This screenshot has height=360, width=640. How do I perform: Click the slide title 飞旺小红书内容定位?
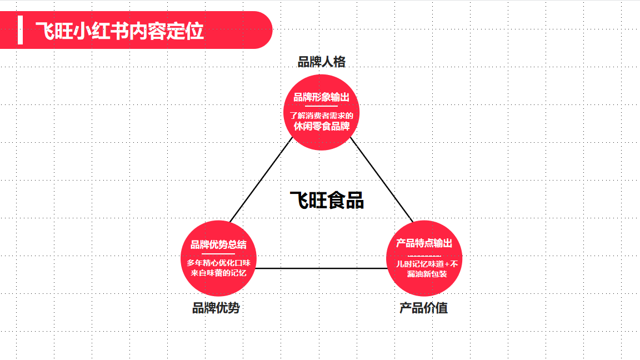pos(119,31)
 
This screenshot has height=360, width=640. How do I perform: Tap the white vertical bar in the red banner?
pos(21,30)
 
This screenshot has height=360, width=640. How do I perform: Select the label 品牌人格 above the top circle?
pos(322,62)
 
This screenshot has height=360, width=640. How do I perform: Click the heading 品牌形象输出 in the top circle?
pos(322,97)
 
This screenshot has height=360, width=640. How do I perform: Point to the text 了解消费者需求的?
pos(322,116)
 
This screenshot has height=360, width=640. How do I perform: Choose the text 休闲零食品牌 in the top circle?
pos(322,126)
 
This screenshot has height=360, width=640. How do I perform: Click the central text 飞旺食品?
pos(327,201)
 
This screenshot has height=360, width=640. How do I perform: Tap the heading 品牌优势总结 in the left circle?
pos(218,244)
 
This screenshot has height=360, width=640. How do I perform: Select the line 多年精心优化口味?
pos(218,263)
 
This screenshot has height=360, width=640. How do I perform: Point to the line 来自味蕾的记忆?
pos(218,273)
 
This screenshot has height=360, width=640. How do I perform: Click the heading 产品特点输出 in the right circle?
pos(424,243)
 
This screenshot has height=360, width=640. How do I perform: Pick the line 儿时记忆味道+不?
pos(427,264)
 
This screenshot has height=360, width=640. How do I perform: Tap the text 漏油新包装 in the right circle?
pos(427,274)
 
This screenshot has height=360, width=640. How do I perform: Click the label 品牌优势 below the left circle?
pos(216,308)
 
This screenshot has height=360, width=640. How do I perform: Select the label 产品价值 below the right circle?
pos(424,308)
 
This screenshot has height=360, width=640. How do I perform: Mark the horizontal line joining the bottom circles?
pos(321,268)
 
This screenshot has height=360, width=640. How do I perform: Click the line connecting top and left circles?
pos(261,179)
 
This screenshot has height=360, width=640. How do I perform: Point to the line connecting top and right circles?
pos(382,180)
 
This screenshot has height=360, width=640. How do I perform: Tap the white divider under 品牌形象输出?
pos(322,106)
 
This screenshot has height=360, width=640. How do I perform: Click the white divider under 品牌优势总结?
pos(218,254)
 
